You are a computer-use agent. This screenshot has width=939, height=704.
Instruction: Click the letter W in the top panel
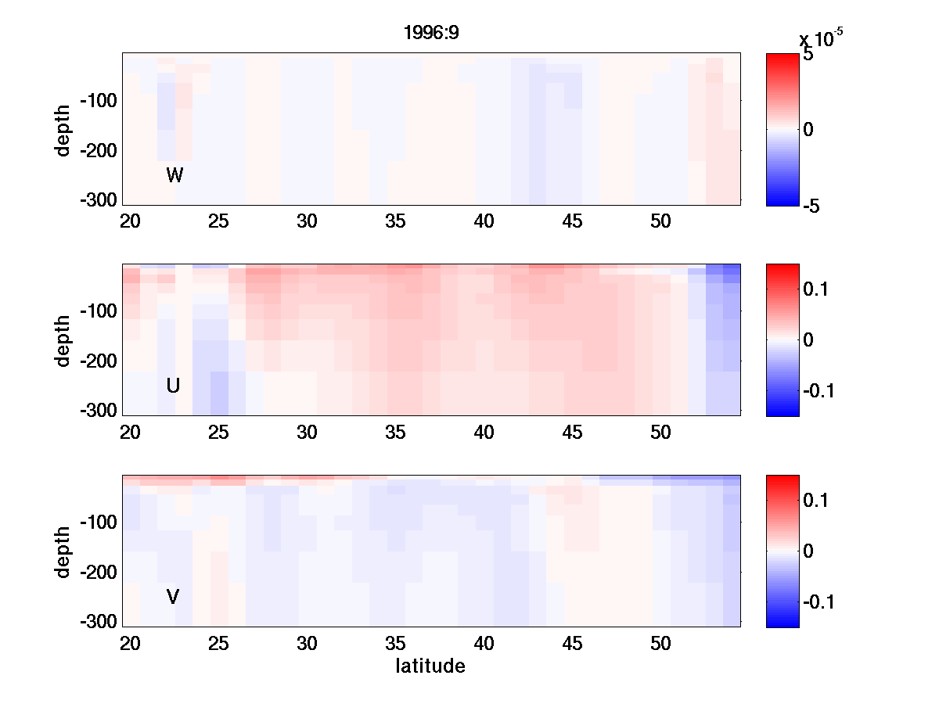(x=174, y=175)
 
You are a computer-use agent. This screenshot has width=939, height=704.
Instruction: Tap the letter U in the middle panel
(x=174, y=386)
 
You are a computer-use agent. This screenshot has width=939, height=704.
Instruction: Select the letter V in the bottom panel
(x=173, y=598)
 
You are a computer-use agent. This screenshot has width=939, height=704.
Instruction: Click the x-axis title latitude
(x=430, y=666)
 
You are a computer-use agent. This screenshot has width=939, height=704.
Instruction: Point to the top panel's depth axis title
(x=63, y=130)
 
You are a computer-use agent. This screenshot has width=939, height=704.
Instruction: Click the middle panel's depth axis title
(x=63, y=340)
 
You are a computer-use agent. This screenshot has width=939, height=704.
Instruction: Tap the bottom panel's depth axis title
(x=63, y=551)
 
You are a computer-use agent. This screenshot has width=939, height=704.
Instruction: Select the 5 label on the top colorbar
(x=808, y=56)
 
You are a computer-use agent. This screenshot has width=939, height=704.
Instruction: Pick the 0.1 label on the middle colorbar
(x=818, y=290)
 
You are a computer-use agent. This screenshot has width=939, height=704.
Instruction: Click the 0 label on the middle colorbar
(x=808, y=340)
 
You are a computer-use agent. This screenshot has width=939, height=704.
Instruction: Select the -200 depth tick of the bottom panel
(x=99, y=573)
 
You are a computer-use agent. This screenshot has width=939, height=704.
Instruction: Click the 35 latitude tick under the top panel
(x=395, y=221)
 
